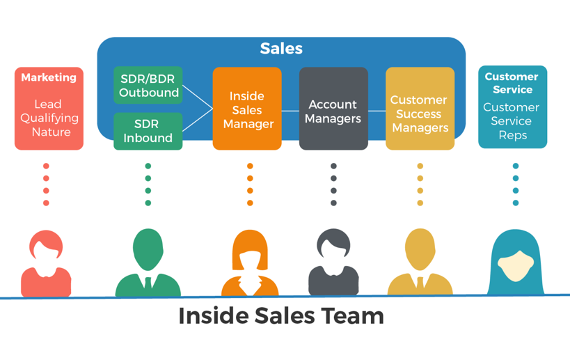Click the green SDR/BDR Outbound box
148,86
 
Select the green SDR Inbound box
148,131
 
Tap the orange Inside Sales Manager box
247,109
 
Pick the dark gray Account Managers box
333,109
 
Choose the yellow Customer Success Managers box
420,109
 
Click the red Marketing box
49,109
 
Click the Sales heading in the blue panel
281,49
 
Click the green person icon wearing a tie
148,263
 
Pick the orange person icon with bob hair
250,263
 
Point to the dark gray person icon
333,263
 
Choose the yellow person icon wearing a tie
420,263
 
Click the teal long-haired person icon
516,263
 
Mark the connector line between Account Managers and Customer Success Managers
377,111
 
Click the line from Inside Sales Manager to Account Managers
290,111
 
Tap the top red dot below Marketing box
46,166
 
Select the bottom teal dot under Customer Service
516,203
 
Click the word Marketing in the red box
49,78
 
